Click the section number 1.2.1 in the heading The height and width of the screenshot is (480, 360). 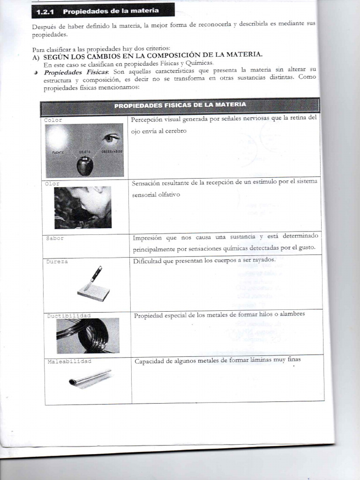[46, 11]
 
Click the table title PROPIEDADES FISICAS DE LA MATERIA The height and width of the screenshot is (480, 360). [180, 105]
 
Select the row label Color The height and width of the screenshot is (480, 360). [53, 120]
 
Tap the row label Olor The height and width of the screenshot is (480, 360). [52, 183]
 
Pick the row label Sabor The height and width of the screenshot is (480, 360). [55, 238]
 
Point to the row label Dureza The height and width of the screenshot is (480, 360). [57, 262]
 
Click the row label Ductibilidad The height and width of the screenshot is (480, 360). [69, 315]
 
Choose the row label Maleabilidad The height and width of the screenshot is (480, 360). [69, 361]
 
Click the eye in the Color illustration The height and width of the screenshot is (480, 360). [111, 138]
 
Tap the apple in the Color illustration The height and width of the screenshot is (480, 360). [85, 166]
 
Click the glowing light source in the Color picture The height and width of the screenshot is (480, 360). [57, 138]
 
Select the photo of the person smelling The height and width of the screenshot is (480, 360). [83, 207]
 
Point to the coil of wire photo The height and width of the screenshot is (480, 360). [88, 335]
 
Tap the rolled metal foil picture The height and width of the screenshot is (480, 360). [90, 378]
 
